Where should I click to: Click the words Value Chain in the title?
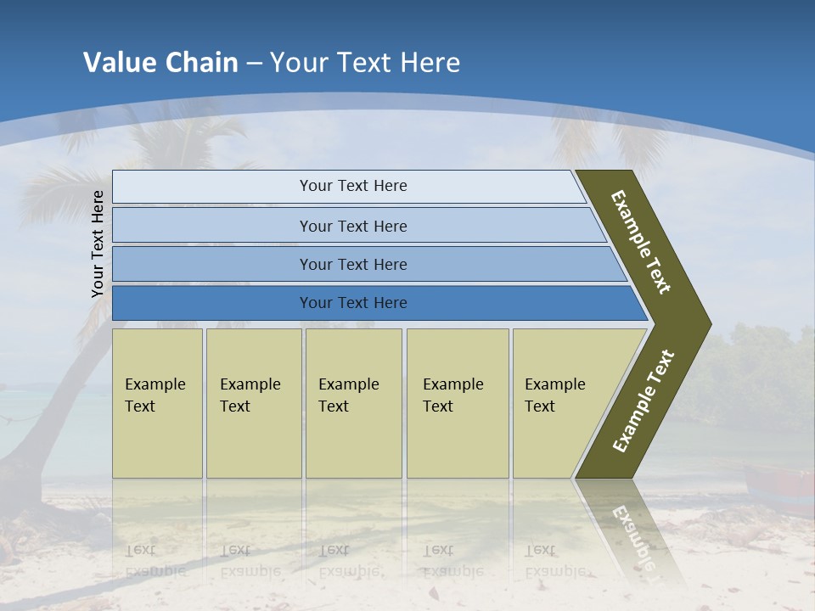160,63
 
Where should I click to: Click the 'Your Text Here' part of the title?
365,63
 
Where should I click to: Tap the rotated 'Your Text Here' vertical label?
98,244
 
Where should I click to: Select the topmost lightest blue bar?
352,186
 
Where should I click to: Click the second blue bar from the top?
352,226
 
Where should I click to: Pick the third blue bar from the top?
352,265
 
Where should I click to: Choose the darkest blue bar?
352,303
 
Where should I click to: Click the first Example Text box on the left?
157,403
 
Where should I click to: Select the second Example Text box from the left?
253,403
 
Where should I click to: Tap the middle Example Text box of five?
353,403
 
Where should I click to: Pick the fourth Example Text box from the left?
457,403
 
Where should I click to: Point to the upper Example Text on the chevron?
641,242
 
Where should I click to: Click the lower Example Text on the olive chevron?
643,401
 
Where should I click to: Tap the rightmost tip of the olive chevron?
709,324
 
